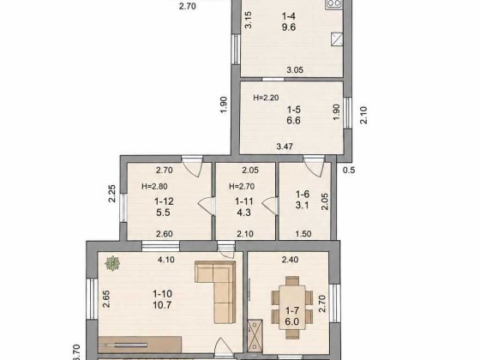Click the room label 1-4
click(x=289, y=16)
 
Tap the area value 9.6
click(x=289, y=27)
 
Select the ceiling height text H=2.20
click(x=266, y=98)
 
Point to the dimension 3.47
click(x=285, y=147)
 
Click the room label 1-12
click(x=164, y=201)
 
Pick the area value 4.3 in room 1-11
click(x=244, y=213)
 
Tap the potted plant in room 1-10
click(x=112, y=263)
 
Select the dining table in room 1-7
click(x=292, y=308)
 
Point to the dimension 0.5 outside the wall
click(x=349, y=170)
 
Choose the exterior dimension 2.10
click(x=363, y=115)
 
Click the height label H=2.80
click(x=154, y=187)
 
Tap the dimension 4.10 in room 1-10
click(x=166, y=260)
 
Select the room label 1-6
click(x=303, y=194)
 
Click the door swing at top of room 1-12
click(x=192, y=166)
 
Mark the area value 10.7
click(x=162, y=305)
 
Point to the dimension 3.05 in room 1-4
click(x=295, y=70)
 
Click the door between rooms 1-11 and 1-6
click(x=270, y=205)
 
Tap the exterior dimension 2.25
click(x=112, y=194)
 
